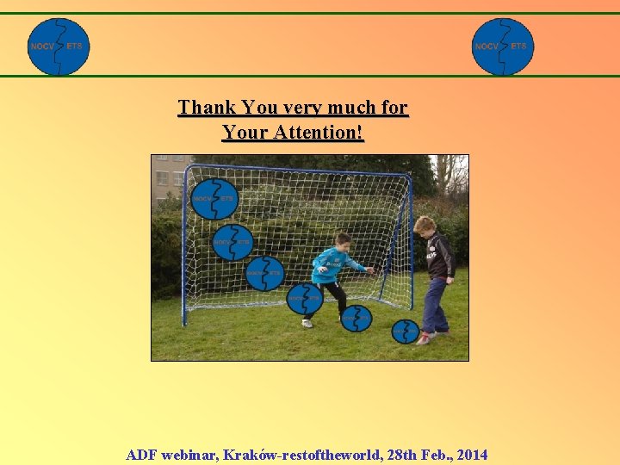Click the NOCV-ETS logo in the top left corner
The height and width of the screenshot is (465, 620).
coord(59,46)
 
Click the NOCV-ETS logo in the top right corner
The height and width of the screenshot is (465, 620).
coord(503,46)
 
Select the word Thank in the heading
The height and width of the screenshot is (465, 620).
coord(207,108)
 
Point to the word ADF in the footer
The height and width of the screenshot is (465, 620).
coord(142,455)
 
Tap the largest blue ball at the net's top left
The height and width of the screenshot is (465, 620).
coord(214,199)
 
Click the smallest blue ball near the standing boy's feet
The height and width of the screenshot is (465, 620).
coord(405,331)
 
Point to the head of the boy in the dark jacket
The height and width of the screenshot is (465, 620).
coord(425,226)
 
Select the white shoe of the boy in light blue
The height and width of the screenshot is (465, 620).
coord(307,323)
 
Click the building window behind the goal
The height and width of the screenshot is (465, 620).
coord(162,179)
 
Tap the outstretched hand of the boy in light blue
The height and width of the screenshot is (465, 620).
coord(370,270)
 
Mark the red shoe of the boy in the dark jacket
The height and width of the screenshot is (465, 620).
coord(425,338)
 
